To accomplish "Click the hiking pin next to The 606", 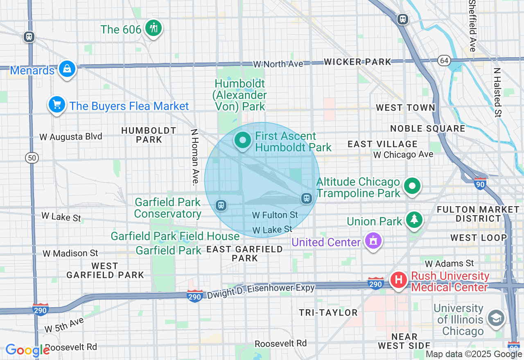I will [154, 28].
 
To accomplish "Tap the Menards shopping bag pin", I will [67, 69].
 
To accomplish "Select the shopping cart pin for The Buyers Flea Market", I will [57, 105].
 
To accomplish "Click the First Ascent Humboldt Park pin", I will [243, 140].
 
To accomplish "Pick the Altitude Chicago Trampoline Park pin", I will [412, 186].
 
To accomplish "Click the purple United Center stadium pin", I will [373, 241].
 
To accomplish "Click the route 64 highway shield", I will [444, 61].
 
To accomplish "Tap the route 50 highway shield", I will [32, 157].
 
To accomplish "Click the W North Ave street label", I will [278, 64].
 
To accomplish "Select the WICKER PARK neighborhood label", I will [357, 62].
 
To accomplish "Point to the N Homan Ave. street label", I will [195, 157].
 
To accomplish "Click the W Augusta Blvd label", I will [71, 137].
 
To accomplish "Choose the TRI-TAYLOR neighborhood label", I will [328, 313].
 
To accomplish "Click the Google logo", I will [27, 350].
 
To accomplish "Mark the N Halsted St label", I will [497, 92].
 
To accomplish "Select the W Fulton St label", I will [275, 215].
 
